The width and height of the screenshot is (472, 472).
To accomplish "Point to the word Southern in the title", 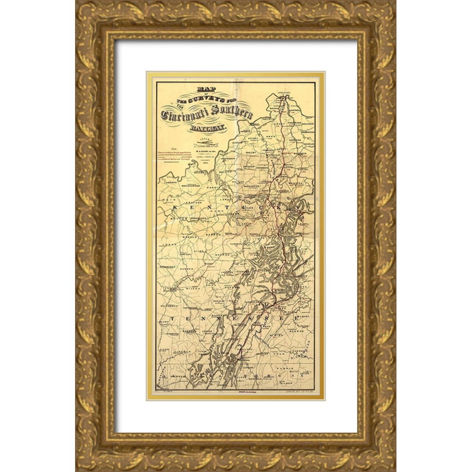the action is (232, 114).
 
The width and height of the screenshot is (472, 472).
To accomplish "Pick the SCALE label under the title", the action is (206, 141).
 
